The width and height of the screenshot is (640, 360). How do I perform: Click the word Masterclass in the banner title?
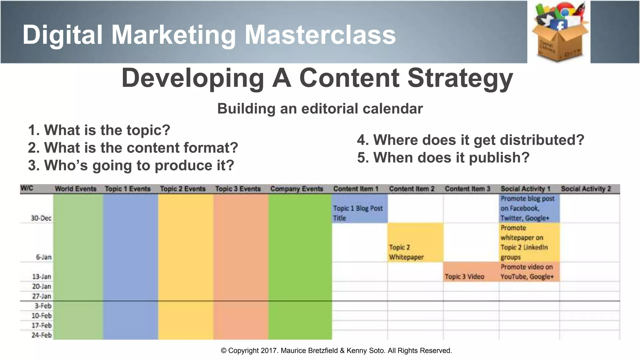click(320, 35)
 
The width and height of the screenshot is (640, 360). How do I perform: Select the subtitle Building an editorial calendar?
click(320, 109)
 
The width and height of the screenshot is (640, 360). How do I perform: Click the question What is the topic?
click(99, 130)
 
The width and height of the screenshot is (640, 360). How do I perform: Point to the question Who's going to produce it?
click(131, 165)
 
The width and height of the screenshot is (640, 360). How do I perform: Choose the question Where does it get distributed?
click(471, 140)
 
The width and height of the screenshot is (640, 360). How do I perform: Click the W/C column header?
click(27, 188)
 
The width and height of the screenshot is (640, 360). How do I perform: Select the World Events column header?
click(76, 189)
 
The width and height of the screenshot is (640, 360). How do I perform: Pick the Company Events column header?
click(297, 189)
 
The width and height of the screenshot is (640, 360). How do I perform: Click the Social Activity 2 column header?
click(586, 189)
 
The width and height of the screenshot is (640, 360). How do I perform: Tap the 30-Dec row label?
click(41, 218)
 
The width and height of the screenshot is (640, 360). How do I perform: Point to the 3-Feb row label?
click(43, 306)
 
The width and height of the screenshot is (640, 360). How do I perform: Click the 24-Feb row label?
click(42, 335)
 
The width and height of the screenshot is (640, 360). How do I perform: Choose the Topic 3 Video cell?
click(464, 277)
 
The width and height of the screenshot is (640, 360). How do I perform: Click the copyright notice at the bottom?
click(336, 351)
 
